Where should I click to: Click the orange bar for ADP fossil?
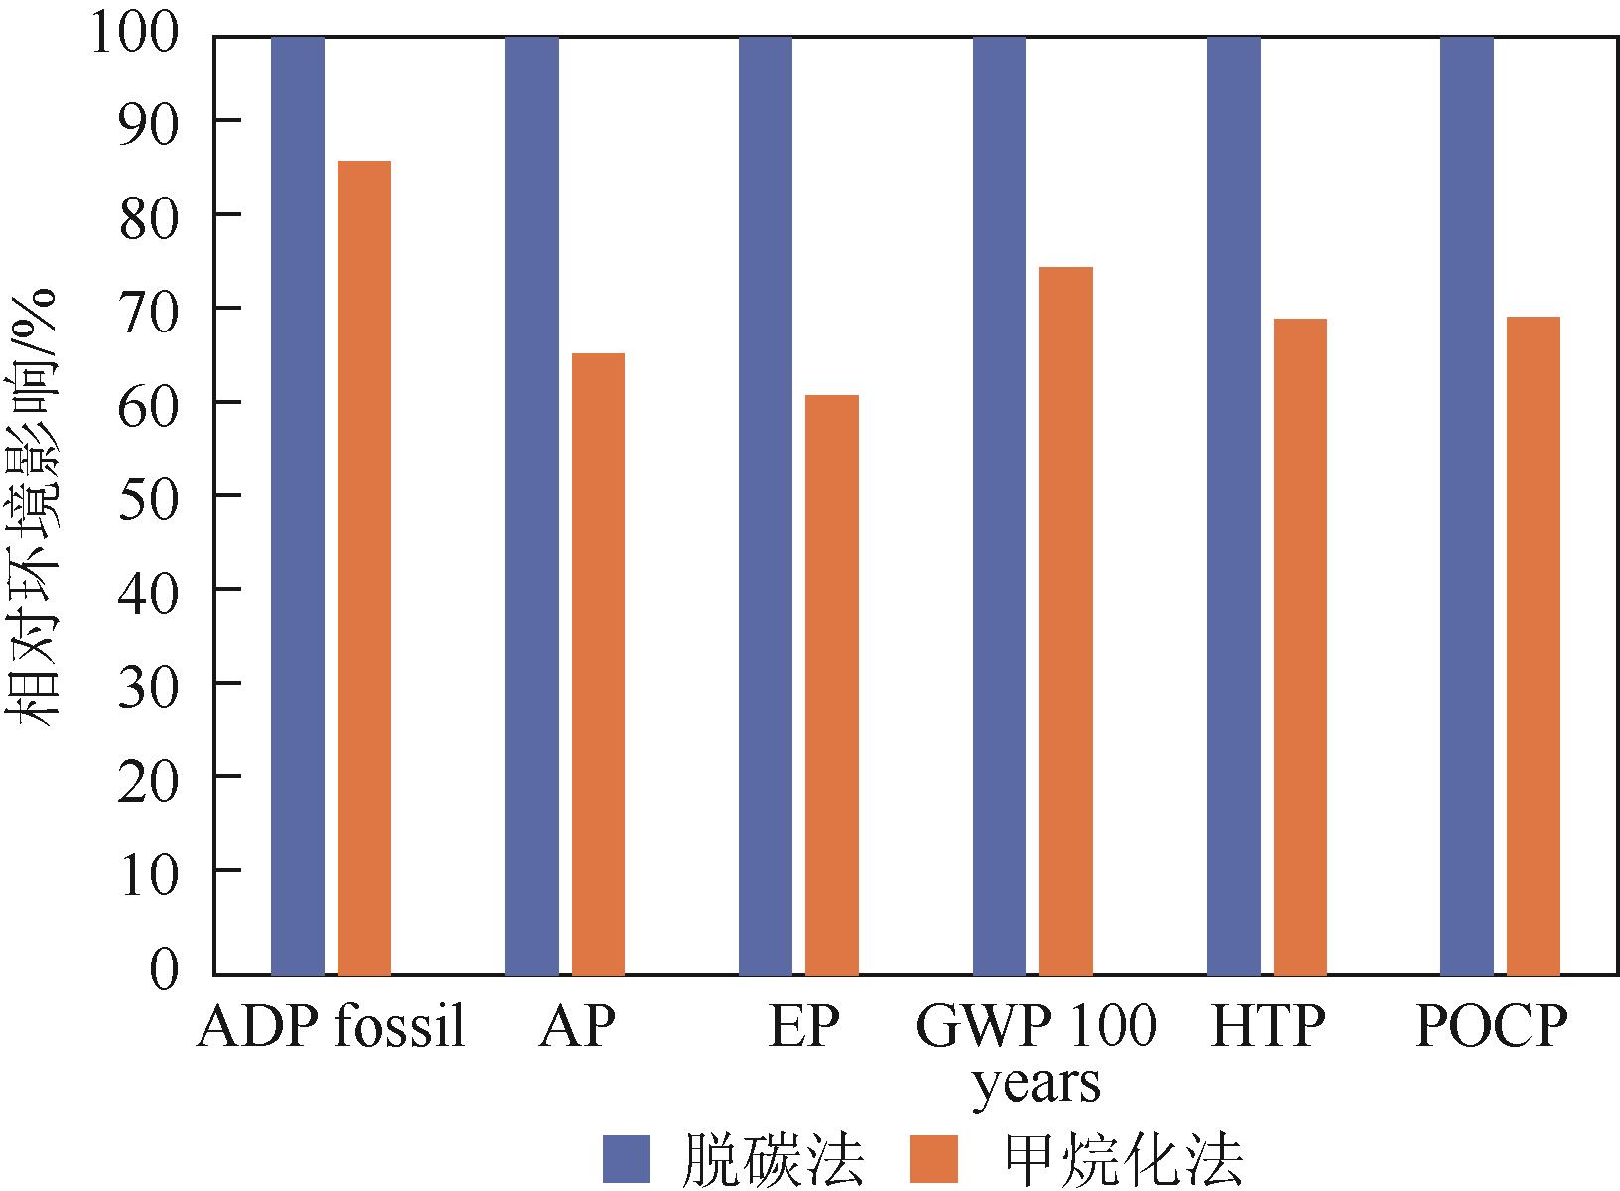[x=364, y=567]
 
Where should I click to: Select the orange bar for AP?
[x=598, y=663]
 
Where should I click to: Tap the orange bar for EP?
[x=832, y=685]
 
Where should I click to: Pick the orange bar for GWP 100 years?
[x=1065, y=620]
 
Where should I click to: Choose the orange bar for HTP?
[x=1299, y=646]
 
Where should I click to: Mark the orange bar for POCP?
[x=1533, y=645]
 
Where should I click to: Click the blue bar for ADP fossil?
[x=298, y=504]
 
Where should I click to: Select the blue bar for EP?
[x=765, y=504]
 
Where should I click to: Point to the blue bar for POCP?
[x=1466, y=504]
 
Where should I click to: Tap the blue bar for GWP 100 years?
[x=999, y=504]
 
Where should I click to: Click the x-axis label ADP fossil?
[x=332, y=1028]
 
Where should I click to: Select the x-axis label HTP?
[x=1268, y=1028]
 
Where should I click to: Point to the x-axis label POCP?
[x=1491, y=1028]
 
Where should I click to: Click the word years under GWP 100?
[x=1035, y=1084]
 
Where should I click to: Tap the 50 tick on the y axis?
[x=148, y=494]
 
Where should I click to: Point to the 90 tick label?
[x=148, y=120]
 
